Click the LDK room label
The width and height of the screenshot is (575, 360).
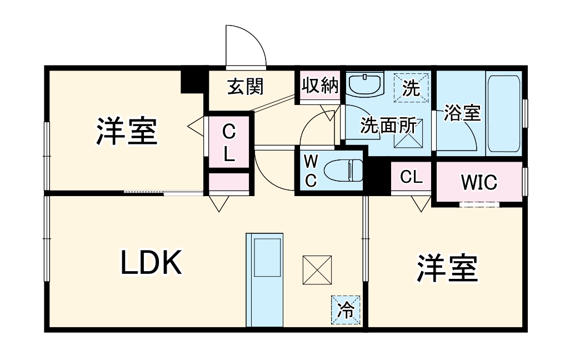tap(152, 263)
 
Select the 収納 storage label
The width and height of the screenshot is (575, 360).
tap(320, 86)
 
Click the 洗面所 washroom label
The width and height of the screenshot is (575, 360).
tap(388, 126)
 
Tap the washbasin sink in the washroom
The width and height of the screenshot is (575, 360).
tap(366, 85)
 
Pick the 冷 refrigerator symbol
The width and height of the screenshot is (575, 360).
tap(346, 309)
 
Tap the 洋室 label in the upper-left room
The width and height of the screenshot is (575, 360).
tap(127, 131)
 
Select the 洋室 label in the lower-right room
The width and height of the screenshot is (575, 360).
tap(448, 268)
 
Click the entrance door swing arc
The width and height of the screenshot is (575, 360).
tap(247, 47)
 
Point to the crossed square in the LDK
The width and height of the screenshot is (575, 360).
tap(317, 269)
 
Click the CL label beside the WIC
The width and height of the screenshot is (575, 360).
tap(412, 177)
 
